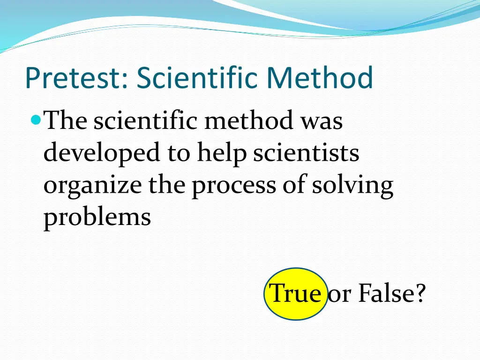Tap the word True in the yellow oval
coord(295,294)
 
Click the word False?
coord(392,294)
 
